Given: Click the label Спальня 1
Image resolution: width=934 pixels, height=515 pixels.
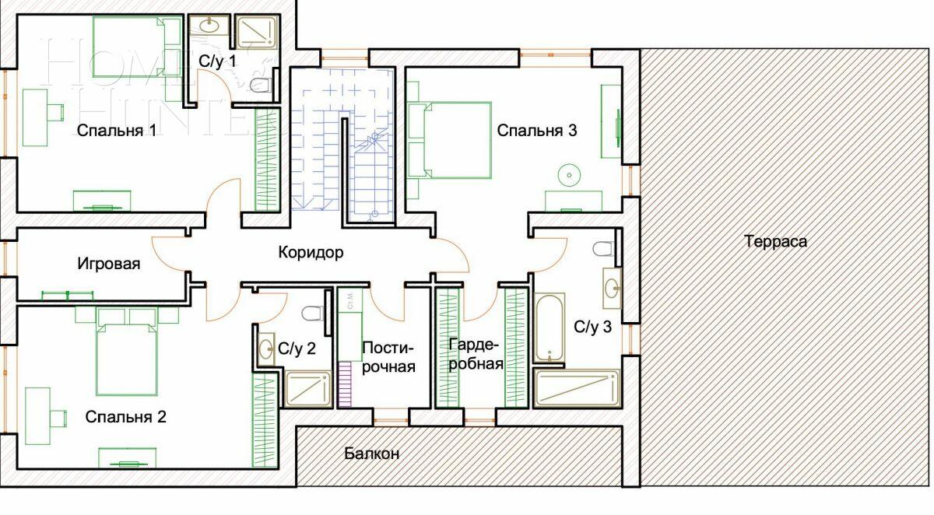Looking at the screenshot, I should (117, 131).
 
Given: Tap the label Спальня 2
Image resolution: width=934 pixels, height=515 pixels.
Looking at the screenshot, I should (125, 417).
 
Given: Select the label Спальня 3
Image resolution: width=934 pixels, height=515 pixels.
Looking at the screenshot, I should (537, 131).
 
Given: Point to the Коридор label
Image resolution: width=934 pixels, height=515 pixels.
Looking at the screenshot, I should (311, 253).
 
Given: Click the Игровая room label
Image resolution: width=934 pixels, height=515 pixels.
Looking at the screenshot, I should (109, 264).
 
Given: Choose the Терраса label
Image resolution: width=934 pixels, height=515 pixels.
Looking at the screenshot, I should (775, 241).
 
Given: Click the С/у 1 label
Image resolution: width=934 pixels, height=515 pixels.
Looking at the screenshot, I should (217, 61).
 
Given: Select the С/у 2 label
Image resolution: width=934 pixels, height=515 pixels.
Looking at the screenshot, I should (297, 349).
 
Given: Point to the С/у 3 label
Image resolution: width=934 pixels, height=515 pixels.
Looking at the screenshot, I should (592, 327).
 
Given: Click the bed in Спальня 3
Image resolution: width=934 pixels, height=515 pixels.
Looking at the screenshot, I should (450, 141).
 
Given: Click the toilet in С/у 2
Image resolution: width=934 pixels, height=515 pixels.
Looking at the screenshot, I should (313, 314).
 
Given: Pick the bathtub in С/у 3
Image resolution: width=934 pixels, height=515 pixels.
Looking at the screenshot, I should (550, 328).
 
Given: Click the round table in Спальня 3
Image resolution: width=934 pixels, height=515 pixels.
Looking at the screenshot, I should (570, 175).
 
